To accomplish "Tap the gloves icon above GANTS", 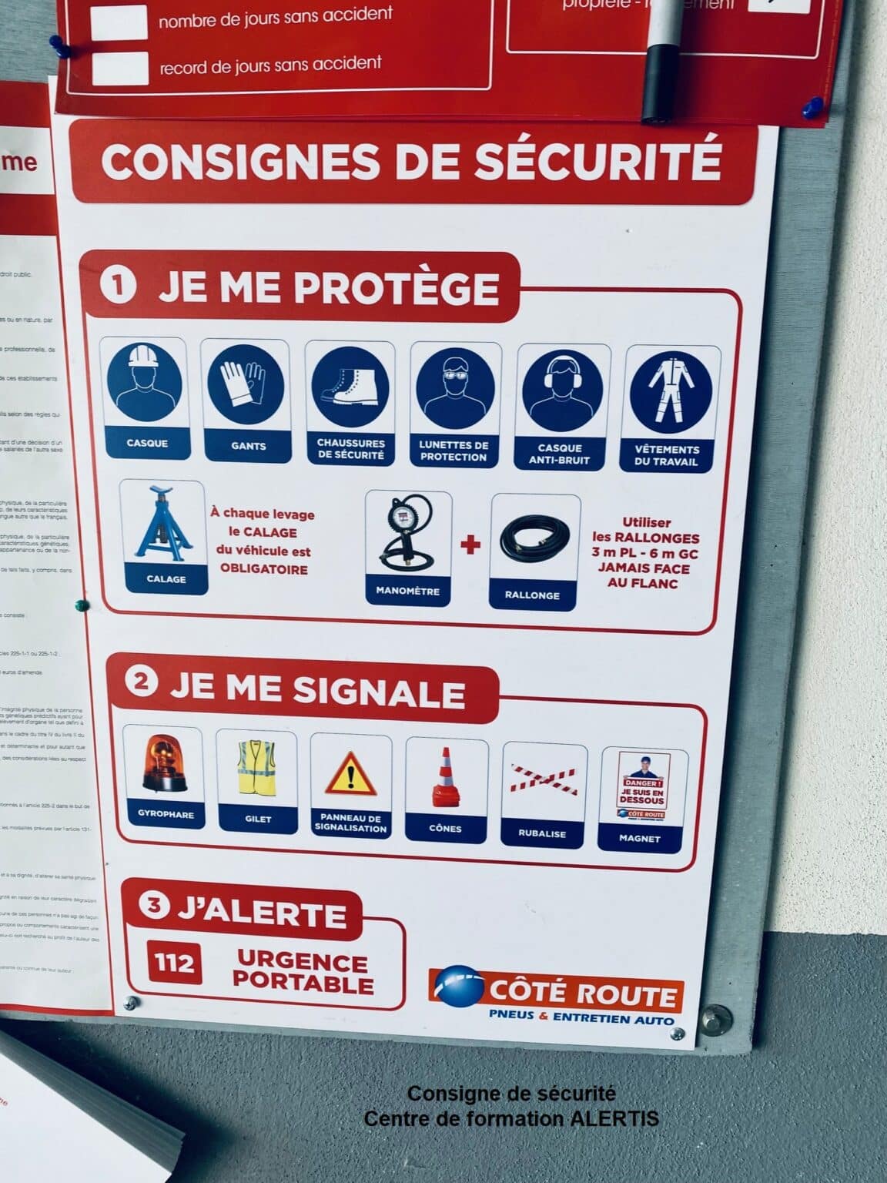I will point(245,387).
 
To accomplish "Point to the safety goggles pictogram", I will point(454,391).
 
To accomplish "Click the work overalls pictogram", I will point(669,397).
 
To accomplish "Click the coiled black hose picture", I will point(534,541).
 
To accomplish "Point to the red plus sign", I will point(470,545).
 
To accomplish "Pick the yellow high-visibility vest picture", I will point(256,768).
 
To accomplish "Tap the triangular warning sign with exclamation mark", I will point(351,773).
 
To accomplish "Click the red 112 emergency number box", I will point(174,963).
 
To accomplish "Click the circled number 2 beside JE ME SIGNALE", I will point(142,682).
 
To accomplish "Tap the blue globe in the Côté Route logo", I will point(459,987).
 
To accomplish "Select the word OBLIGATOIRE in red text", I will point(263,570).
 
